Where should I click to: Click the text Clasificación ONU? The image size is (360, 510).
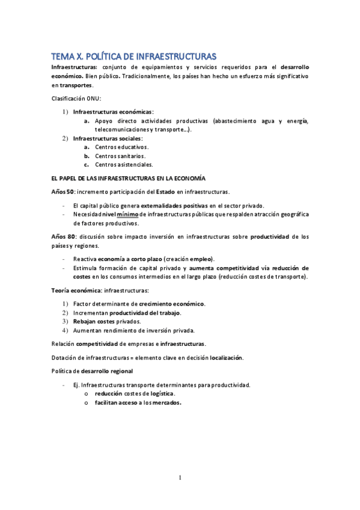click(x=76, y=99)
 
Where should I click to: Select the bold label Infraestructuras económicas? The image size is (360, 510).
click(x=112, y=112)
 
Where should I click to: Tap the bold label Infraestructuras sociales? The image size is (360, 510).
click(x=108, y=138)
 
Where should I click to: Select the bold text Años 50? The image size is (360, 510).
click(x=61, y=192)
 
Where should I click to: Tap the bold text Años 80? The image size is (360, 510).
click(x=61, y=236)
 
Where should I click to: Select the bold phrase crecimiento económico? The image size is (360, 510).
click(x=171, y=304)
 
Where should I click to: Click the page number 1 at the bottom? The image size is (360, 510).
click(x=180, y=478)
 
